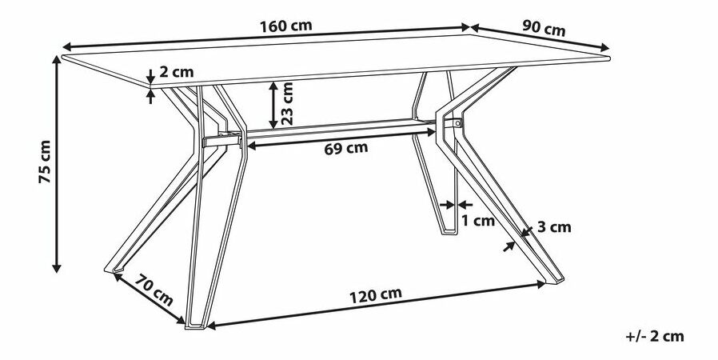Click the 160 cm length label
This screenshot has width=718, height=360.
click(285, 25)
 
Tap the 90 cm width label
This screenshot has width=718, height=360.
click(544, 28)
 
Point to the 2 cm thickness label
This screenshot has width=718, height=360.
click(177, 72)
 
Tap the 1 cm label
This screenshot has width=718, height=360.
click(479, 221)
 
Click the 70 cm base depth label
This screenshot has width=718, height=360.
click(151, 290)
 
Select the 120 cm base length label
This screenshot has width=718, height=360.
click(374, 294)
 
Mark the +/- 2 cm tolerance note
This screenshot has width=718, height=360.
click(656, 336)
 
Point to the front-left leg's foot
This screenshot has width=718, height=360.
click(194, 323)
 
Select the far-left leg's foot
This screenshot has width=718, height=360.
click(115, 272)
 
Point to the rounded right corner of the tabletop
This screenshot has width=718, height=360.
click(609, 58)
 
